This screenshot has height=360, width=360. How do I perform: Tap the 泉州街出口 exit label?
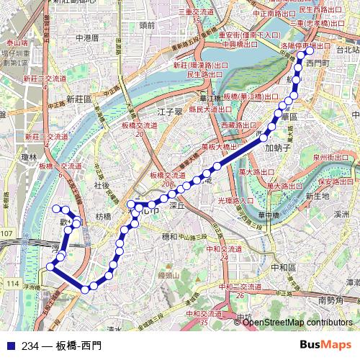coord(330,157)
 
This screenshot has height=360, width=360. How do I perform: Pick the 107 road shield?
coord(7,233)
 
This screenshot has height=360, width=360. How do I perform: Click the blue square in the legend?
coord(10,346)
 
